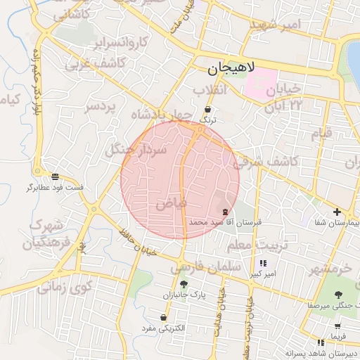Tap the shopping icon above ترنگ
(208, 110)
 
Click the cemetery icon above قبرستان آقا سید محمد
(225, 211)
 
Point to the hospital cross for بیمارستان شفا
(337, 212)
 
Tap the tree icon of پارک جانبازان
(184, 285)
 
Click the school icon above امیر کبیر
(263, 264)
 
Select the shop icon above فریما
(338, 326)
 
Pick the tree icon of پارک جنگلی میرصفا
(340, 295)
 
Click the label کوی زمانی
(65, 287)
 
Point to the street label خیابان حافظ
(136, 242)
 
